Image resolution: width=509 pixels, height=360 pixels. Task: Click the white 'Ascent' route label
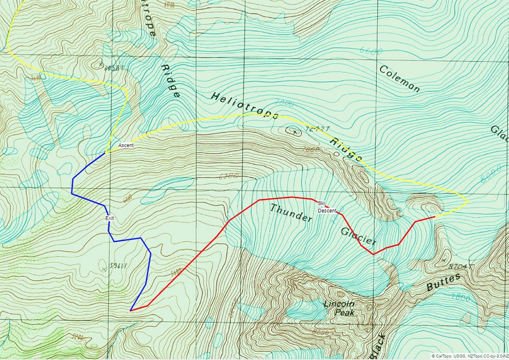(126, 146)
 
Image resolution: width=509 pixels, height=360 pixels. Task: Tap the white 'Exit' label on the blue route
(109, 218)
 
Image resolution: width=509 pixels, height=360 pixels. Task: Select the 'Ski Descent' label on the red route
(327, 207)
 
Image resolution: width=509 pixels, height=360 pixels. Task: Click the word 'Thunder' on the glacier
(291, 213)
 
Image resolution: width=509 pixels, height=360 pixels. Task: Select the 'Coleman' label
(400, 78)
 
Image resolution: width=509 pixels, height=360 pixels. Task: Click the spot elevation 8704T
(461, 266)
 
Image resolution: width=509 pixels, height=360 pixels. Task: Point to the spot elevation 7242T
(313, 130)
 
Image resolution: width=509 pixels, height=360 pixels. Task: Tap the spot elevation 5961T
(116, 265)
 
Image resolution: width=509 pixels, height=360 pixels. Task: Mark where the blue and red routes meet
(131, 310)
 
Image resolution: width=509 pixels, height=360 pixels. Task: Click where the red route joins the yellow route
(435, 217)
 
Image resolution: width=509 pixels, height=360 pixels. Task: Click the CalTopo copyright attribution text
(468, 356)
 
